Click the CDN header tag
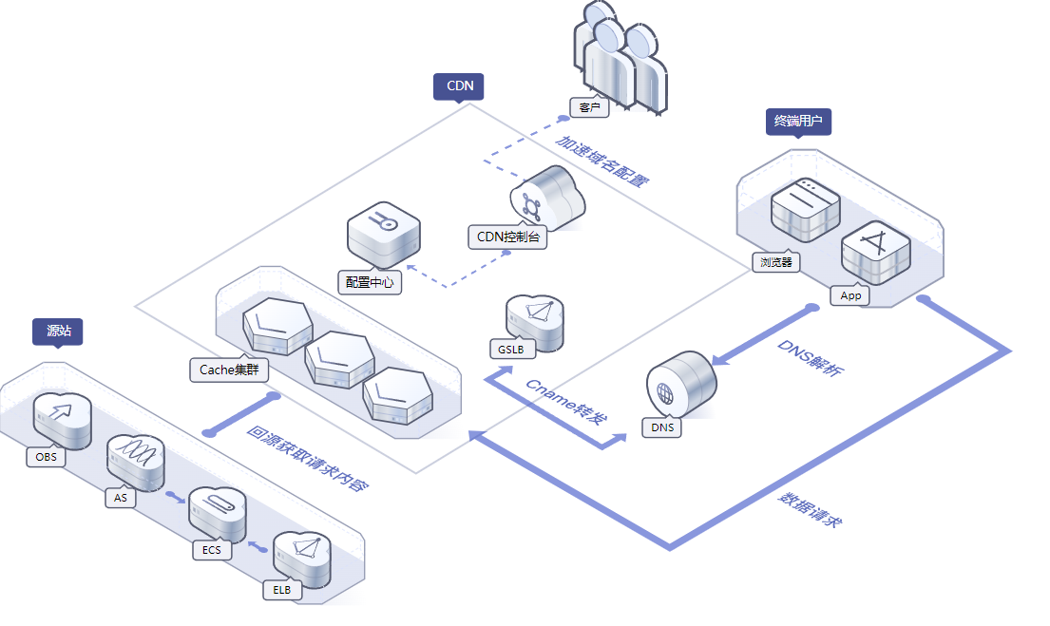[x=459, y=86]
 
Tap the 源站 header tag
[x=58, y=331]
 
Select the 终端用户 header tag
[x=798, y=122]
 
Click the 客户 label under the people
[x=589, y=107]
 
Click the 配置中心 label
[x=370, y=282]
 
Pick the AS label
[x=121, y=498]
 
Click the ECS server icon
[x=218, y=513]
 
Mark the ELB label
[x=282, y=590]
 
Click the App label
[x=850, y=295]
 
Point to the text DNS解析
[x=809, y=358]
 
